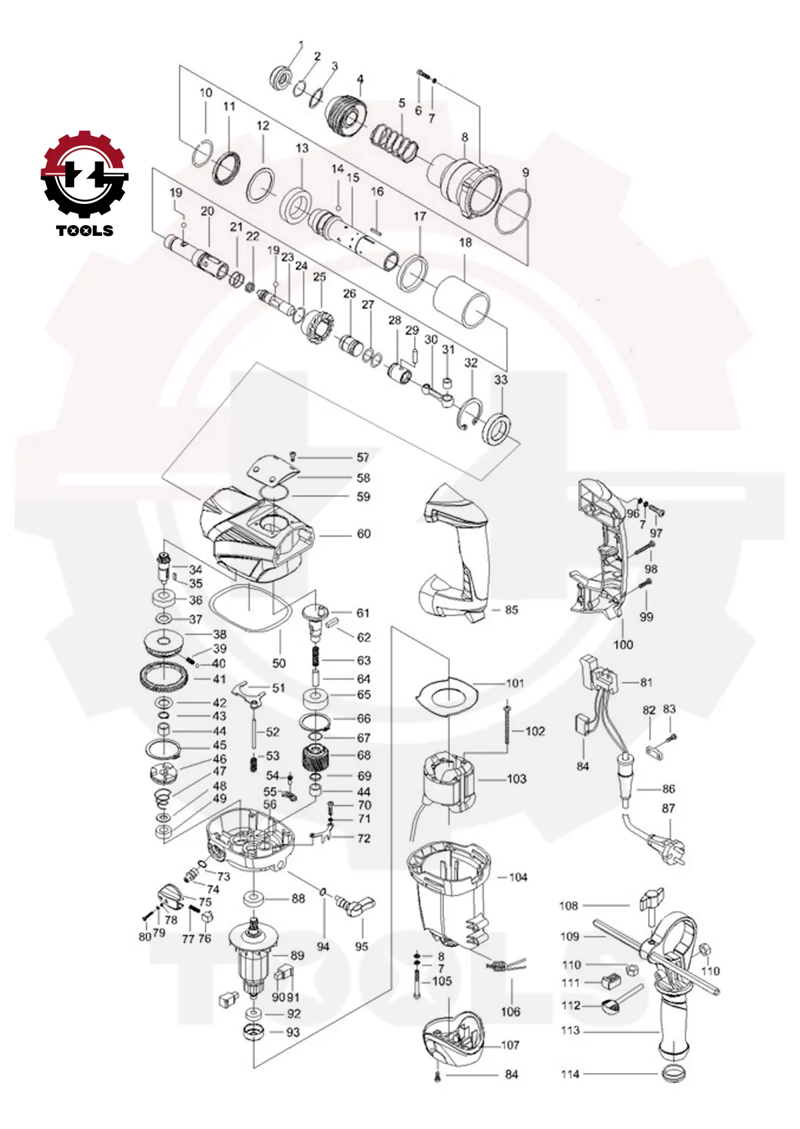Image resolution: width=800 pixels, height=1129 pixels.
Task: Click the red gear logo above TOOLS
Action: coord(85,174)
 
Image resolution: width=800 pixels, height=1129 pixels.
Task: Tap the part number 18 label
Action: coord(465,243)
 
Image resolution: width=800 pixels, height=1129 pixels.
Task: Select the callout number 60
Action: coord(364,534)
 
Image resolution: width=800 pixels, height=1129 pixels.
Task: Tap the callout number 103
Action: coord(517,778)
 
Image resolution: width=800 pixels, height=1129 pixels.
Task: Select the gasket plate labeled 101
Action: coord(447,697)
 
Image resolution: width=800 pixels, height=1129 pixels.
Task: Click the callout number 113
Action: coord(571,1030)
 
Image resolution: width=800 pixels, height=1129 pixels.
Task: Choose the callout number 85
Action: coord(511,610)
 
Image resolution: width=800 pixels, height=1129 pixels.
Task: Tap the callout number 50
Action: coord(279,663)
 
